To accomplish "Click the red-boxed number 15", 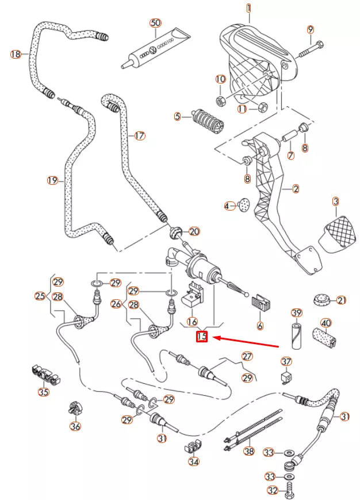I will (202, 337).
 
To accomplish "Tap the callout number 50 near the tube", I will (155, 23).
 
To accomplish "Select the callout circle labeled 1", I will (249, 8).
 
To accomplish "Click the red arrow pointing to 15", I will (247, 342).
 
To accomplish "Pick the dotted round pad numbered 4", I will (243, 205).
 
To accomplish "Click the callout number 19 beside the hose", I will (52, 181).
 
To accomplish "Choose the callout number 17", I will (139, 136).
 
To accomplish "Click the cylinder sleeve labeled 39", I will (296, 335).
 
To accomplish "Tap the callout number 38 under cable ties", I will (248, 452).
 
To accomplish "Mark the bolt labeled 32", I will (289, 490).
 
